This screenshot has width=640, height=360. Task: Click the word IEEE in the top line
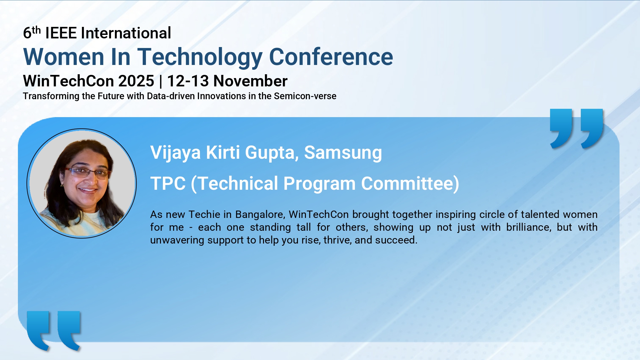pos(61,33)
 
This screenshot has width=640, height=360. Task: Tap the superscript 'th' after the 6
pos(36,30)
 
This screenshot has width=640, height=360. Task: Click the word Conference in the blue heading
pos(331,57)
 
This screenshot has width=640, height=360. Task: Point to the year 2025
pos(136,81)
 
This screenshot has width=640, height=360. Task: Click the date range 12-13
pos(188,81)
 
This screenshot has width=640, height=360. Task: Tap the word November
pos(251,81)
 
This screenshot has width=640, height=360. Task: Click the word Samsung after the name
pos(343,153)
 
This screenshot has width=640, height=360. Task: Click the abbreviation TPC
pos(168,184)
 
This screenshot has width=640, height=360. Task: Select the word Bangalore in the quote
pos(260,215)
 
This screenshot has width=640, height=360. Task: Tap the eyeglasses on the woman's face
pos(87,173)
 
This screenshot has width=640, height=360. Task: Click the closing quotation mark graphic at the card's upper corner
pos(577,129)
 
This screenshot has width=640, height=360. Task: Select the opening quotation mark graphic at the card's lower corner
pos(54,331)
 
